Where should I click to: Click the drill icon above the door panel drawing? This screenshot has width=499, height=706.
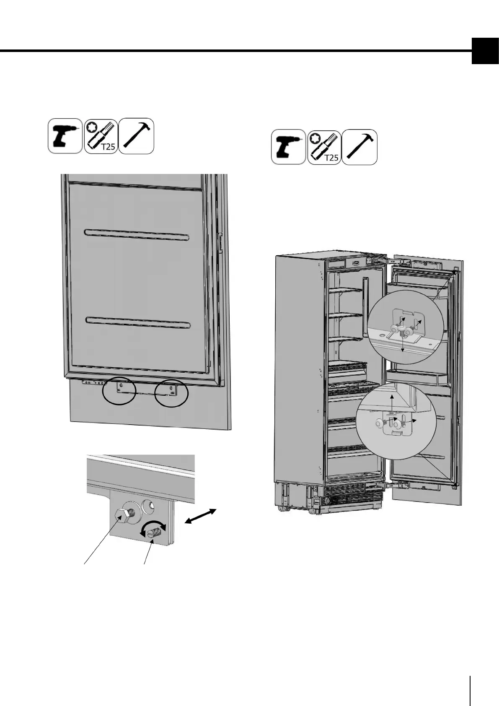pos(65,136)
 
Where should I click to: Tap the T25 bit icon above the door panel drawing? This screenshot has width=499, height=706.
pos(101,136)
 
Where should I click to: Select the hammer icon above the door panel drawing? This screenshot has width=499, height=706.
pos(137,136)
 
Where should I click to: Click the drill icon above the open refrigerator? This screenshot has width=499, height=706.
pos(288,147)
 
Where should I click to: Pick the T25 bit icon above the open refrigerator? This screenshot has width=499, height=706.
pos(324,147)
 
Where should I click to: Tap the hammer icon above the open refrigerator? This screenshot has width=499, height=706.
pos(359,147)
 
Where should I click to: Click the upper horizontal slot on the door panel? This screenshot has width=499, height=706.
pos(137,235)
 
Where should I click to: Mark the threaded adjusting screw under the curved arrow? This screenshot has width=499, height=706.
pos(154,534)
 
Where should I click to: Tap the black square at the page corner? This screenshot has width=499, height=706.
pos(485,51)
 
